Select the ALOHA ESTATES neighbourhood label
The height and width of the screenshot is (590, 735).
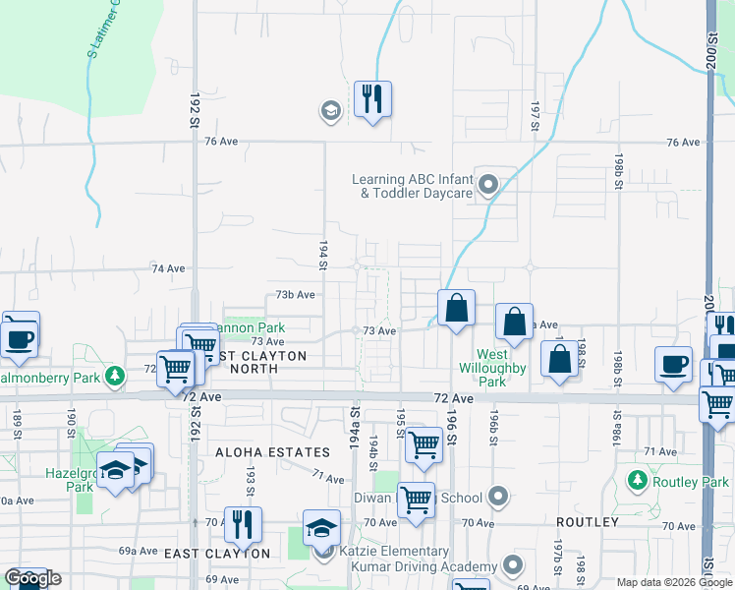click(x=281, y=452)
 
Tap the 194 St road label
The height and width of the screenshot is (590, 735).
click(x=322, y=253)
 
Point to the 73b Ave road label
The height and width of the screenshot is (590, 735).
click(x=295, y=294)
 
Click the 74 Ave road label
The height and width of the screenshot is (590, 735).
click(x=168, y=268)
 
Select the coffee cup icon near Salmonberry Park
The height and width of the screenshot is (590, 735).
click(x=20, y=337)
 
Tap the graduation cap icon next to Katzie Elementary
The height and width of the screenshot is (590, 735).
click(x=321, y=529)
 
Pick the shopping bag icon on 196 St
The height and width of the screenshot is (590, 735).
click(x=456, y=308)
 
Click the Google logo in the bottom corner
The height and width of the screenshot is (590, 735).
click(x=32, y=578)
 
